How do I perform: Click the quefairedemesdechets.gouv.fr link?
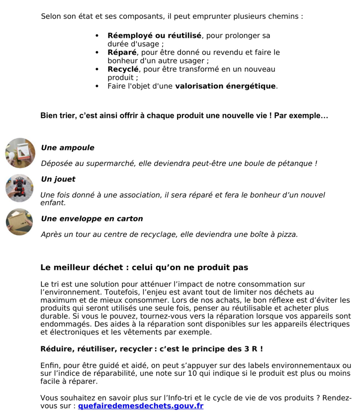coord(141,406)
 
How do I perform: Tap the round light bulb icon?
coord(20,153)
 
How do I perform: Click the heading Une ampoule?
coord(67,148)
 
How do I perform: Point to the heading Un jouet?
coord(58,179)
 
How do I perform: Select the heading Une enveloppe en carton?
coord(91,219)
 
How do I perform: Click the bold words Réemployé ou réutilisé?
coord(154,36)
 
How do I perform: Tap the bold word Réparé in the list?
coord(122,52)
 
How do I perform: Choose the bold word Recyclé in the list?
coord(123,69)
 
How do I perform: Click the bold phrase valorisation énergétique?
coord(225,86)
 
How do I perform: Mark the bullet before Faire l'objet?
coord(97,86)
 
